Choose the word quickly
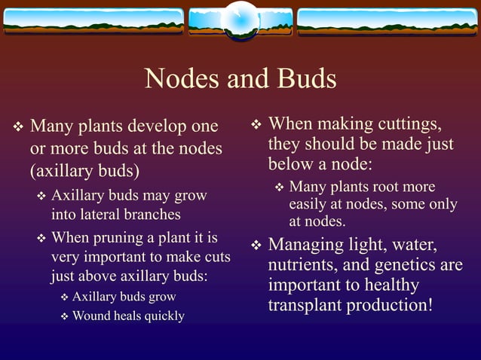pos(160,316)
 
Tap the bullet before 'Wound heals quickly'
pos(64,316)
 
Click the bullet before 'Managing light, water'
pos(256,246)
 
